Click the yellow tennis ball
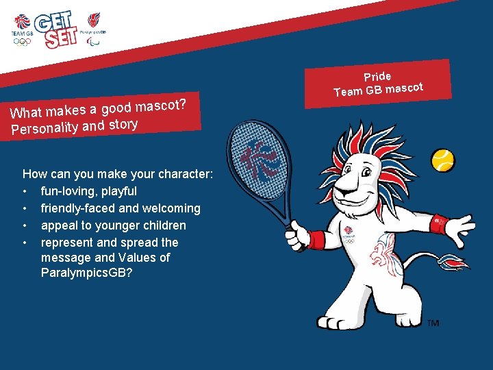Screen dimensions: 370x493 [443, 160]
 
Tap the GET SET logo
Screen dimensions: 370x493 [60, 29]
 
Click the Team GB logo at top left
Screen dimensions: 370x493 [22, 29]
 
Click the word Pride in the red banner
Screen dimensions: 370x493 [377, 77]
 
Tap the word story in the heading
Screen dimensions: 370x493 [123, 124]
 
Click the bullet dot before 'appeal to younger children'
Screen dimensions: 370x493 [25, 225]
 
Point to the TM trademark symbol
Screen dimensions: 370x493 [433, 323]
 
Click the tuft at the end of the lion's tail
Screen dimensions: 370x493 [453, 261]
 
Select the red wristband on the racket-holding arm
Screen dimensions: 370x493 [316, 240]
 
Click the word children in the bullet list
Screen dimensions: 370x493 [164, 225]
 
